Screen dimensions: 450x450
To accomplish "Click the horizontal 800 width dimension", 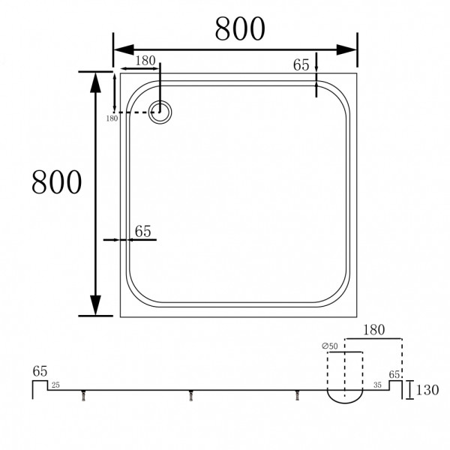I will coord(239,28).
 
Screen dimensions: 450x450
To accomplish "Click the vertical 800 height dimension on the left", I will coord(56,181).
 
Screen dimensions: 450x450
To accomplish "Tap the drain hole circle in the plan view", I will coord(160,112).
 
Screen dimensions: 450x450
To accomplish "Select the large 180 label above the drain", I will coord(145,61).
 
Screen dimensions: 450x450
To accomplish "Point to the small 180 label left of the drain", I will coord(112,118).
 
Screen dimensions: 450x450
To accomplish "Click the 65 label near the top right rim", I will coord(301,65).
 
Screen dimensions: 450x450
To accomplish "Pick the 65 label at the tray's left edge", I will coord(142,231).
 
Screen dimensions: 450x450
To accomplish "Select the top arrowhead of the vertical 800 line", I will coord(96,82).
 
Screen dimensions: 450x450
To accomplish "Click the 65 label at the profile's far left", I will coord(40,370).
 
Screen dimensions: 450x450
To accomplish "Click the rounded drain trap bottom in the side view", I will coord(343,397).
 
